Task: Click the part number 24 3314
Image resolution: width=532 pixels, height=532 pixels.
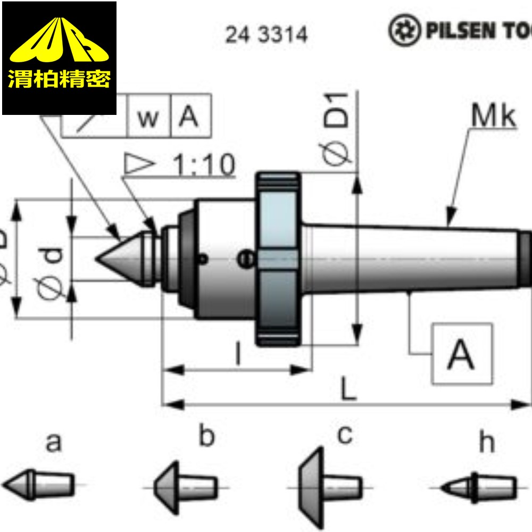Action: point(266,35)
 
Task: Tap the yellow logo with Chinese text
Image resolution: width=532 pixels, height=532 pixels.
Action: point(59,58)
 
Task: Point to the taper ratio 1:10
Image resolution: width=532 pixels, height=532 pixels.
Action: point(204,166)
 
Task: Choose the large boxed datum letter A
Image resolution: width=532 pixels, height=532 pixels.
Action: point(461,354)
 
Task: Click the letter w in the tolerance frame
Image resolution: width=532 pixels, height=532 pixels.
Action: point(148,118)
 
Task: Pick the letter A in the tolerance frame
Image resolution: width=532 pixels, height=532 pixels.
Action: point(189,117)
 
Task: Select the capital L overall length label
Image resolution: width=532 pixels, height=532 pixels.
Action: point(348,391)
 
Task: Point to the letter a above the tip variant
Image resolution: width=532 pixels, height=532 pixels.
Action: point(53,442)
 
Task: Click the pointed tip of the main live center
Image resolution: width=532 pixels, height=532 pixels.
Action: point(99,259)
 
